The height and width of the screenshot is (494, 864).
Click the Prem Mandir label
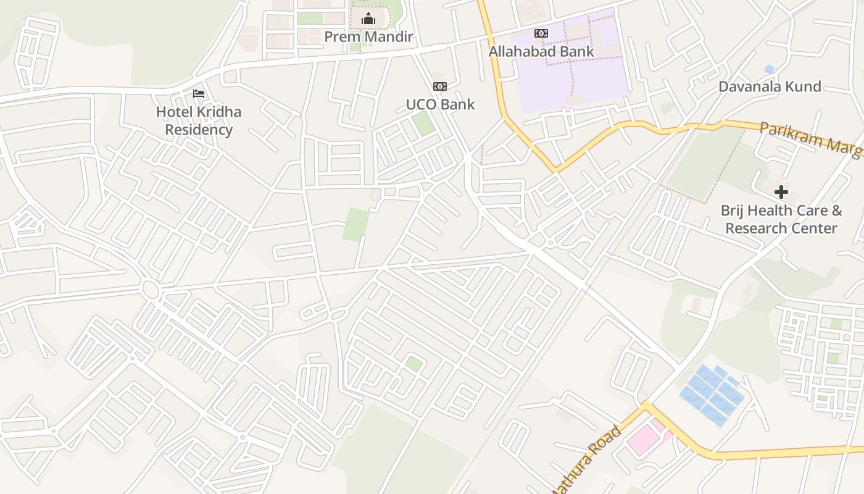pos(368,37)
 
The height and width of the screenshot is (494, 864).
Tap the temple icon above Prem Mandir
pos(368,19)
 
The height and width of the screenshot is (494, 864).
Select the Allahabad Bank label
pos(541,51)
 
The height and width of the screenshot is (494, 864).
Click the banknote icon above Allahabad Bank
pos(541,33)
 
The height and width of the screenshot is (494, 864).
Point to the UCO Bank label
pos(440,104)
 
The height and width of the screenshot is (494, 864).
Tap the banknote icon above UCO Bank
pos(440,86)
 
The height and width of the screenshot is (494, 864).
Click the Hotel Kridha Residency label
pos(199,120)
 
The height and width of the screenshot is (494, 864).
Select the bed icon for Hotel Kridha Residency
pos(199,94)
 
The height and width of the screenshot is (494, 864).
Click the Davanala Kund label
pos(770,86)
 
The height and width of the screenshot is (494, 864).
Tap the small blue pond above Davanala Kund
pos(769,69)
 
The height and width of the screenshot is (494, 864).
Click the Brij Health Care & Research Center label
pos(781,219)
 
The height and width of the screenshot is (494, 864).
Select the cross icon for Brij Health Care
pos(781,192)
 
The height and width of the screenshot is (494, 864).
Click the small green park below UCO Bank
pos(423,123)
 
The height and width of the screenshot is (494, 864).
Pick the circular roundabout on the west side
pos(150,288)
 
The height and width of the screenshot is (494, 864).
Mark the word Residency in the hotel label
pos(199,130)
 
